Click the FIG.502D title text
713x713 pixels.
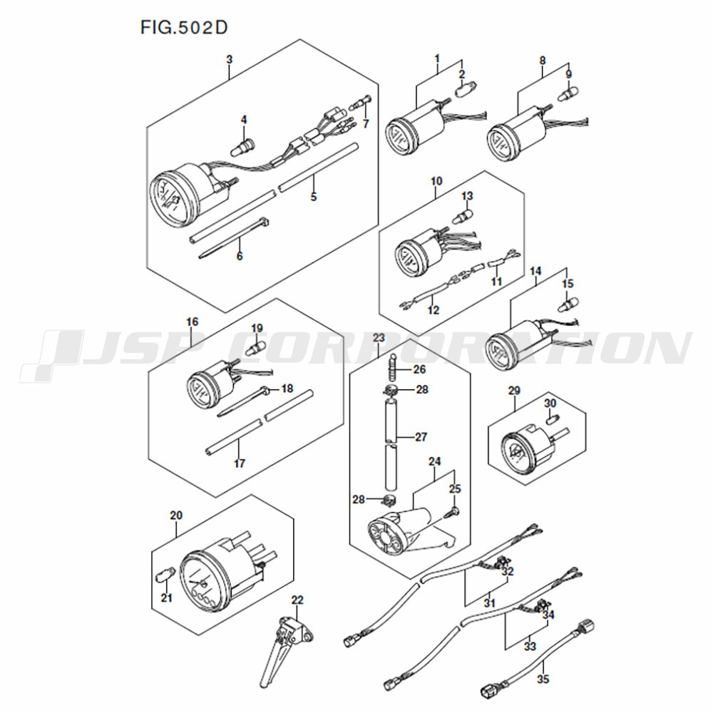(x=184, y=28)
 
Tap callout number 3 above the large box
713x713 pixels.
(x=229, y=60)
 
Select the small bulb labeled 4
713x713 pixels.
(x=245, y=145)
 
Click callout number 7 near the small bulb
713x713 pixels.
(x=366, y=123)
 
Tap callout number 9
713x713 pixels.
(x=568, y=74)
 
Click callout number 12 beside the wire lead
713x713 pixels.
(x=434, y=310)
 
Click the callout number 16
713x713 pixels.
(x=193, y=322)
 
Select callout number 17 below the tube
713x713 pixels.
(x=239, y=463)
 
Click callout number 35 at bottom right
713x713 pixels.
(x=543, y=679)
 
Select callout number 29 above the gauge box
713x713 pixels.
(x=514, y=391)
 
